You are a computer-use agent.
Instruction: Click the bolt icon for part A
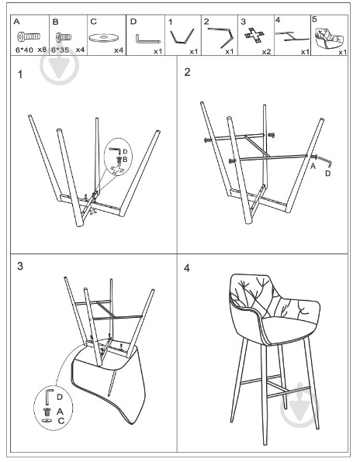pyautogui.click(x=29, y=36)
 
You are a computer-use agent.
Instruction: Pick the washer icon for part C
pyautogui.click(x=102, y=37)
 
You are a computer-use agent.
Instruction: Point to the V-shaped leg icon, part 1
pyautogui.click(x=182, y=36)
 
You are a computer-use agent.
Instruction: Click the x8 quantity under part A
pyautogui.click(x=43, y=50)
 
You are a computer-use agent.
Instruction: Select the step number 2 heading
pyautogui.click(x=188, y=73)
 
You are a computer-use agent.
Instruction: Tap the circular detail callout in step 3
pyautogui.click(x=51, y=406)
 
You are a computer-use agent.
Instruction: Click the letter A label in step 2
pyautogui.click(x=313, y=165)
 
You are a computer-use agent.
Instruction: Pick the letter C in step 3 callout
pyautogui.click(x=61, y=419)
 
